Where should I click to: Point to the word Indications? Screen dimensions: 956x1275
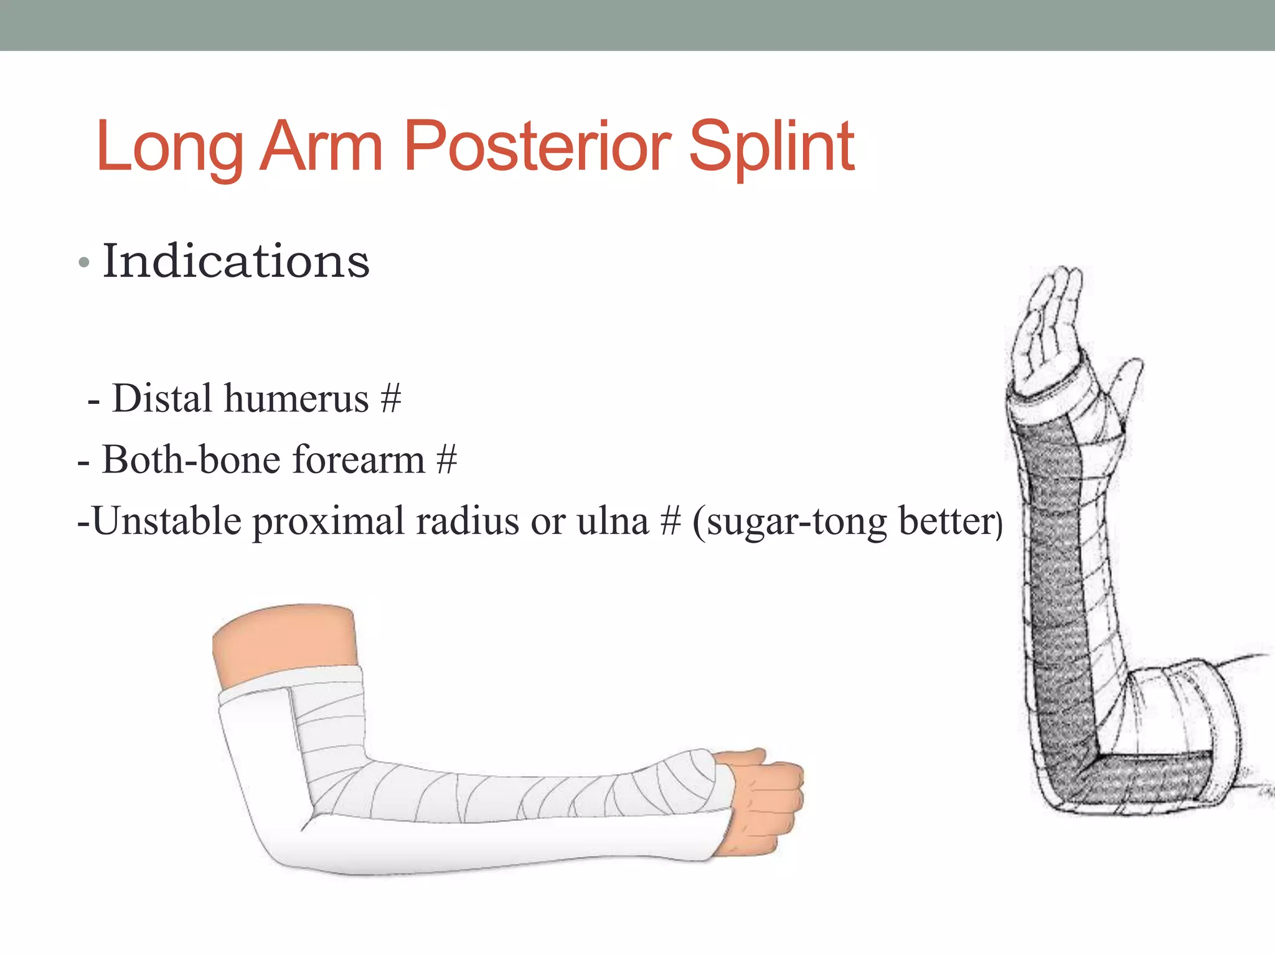[236, 261]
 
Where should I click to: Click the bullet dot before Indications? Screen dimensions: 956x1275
[84, 263]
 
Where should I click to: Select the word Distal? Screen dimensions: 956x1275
[162, 398]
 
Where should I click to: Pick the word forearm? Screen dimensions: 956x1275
[359, 460]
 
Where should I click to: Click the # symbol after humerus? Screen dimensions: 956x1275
[390, 398]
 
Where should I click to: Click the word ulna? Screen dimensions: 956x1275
[613, 521]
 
